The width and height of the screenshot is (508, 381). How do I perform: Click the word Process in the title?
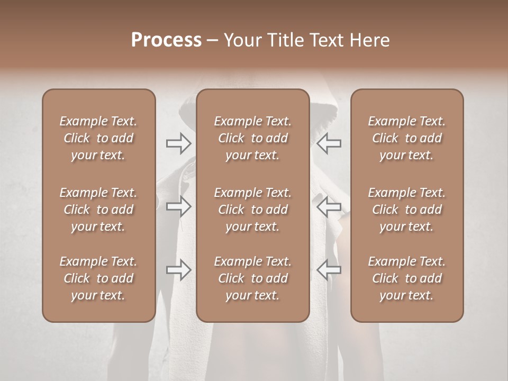pyautogui.click(x=166, y=40)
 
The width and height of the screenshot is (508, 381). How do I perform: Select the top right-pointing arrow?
pyautogui.click(x=178, y=143)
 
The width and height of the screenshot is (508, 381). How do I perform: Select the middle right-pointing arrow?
pyautogui.click(x=178, y=206)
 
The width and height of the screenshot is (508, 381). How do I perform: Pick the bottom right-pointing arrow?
pyautogui.click(x=178, y=269)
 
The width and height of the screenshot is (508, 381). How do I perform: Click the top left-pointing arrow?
pyautogui.click(x=329, y=143)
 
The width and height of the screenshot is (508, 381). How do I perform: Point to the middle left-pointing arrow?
pyautogui.click(x=329, y=206)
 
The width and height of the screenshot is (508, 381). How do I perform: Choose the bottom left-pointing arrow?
pyautogui.click(x=329, y=269)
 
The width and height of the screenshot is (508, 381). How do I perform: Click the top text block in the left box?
pyautogui.click(x=98, y=138)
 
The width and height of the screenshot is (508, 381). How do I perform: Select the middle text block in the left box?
pyautogui.click(x=98, y=210)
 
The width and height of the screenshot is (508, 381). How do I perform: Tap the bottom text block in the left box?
pyautogui.click(x=98, y=278)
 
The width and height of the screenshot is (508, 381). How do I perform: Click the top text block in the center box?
pyautogui.click(x=252, y=138)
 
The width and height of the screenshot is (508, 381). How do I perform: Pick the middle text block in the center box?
pyautogui.click(x=252, y=210)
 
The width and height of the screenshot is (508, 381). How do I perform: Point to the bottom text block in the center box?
pyautogui.click(x=252, y=278)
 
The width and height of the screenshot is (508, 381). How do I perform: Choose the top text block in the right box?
pyautogui.click(x=406, y=138)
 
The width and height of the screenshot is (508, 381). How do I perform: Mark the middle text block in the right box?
pyautogui.click(x=406, y=210)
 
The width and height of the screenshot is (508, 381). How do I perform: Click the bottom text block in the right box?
pyautogui.click(x=406, y=278)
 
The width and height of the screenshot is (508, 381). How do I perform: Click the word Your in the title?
pyautogui.click(x=241, y=40)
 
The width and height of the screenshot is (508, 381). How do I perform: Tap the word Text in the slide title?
pyautogui.click(x=328, y=40)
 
